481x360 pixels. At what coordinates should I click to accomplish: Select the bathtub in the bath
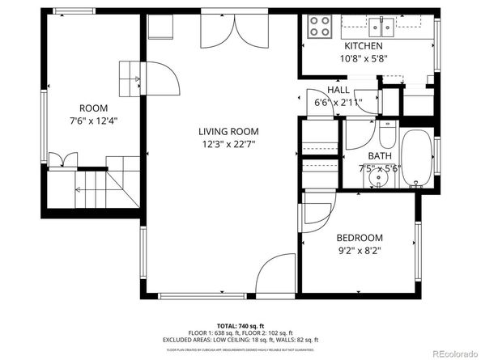coord(417,157)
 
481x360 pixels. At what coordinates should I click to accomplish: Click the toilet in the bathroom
coord(386,133)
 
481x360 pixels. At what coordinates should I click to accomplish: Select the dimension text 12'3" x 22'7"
coord(228,146)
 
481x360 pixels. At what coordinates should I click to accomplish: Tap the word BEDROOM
coord(360,238)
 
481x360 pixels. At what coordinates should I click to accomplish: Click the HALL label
coord(338,90)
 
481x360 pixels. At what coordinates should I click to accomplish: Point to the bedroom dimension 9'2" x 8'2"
coord(360,251)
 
